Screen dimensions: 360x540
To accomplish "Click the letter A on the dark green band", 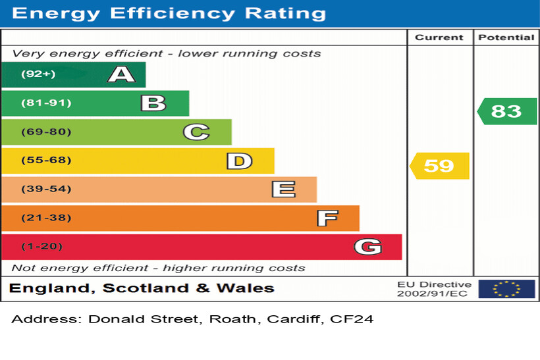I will tap(121, 74).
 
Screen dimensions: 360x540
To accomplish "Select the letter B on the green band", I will tap(153, 103).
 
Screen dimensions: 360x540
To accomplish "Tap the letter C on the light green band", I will tap(196, 132).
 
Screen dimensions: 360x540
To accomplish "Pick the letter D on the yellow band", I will tap(239, 161).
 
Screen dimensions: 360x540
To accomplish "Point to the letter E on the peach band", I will tap(283, 190).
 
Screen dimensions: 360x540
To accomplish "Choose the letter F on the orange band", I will tap(327, 218).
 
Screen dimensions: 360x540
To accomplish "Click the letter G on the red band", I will tap(367, 247).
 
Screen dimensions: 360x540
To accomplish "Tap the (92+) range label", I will tap(38, 74).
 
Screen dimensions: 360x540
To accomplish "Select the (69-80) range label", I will tap(45, 132).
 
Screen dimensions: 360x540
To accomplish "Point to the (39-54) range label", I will tap(45, 190).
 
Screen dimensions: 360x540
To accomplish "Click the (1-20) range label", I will tap(42, 247).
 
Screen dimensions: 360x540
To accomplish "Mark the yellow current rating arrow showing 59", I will tap(439, 166).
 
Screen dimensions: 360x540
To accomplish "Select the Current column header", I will tap(439, 38).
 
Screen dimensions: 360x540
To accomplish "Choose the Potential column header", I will tap(506, 38).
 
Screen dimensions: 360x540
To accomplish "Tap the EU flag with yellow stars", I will tap(506, 289).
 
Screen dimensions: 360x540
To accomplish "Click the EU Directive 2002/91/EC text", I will tap(434, 289).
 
